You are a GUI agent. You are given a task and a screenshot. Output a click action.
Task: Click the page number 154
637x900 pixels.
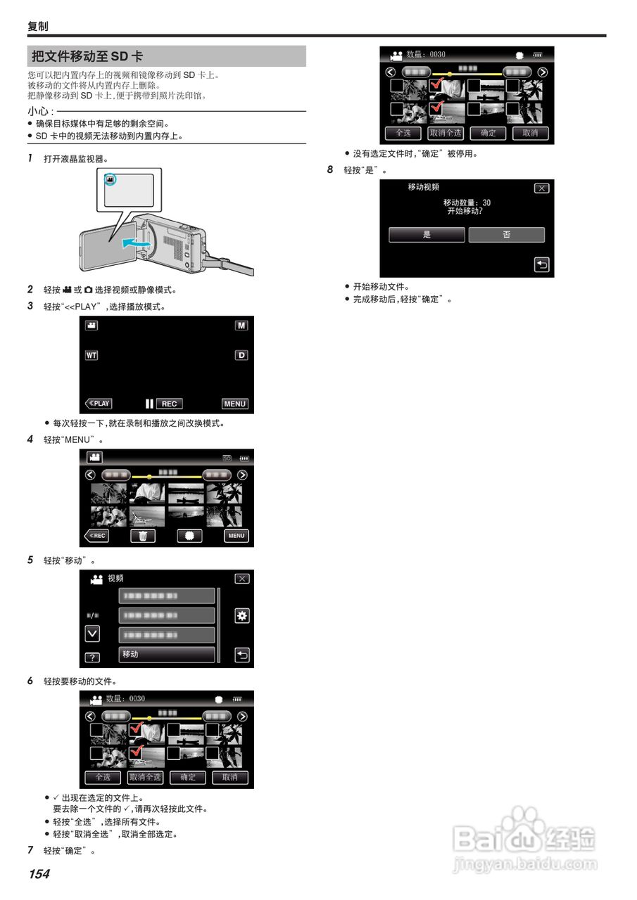tap(39, 874)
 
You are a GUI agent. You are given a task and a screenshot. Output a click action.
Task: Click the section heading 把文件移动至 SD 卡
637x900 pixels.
tap(87, 56)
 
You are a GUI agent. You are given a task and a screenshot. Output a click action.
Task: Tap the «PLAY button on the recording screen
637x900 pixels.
tap(99, 404)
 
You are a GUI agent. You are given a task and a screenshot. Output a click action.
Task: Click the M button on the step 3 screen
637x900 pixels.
tap(241, 326)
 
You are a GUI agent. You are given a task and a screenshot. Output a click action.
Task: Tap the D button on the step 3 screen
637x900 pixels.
tap(241, 355)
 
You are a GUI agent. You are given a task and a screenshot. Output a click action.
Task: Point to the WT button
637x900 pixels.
tap(92, 355)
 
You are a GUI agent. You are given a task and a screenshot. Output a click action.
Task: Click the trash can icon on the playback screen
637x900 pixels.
tap(143, 536)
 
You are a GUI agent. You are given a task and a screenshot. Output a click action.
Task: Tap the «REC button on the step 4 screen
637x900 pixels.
tap(97, 536)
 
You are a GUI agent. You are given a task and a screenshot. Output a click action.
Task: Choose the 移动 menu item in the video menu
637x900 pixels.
tap(167, 655)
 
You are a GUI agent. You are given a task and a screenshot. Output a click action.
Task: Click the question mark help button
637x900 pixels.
tap(92, 658)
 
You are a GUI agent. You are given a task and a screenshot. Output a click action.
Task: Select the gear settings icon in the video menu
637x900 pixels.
tap(242, 616)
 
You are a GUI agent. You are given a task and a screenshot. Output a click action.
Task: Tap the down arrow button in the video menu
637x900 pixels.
tap(92, 634)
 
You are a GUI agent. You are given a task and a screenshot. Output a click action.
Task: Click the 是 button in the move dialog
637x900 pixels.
tap(427, 235)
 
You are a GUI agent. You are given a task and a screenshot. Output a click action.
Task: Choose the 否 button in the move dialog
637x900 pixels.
tap(507, 235)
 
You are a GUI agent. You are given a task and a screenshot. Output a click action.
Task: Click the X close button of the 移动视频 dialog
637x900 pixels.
tap(541, 188)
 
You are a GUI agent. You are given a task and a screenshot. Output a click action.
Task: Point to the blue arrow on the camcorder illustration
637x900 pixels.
tap(136, 243)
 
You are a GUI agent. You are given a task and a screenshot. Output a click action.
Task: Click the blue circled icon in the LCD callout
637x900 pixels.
tap(111, 181)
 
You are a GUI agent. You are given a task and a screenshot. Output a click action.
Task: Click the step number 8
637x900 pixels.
tap(330, 170)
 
